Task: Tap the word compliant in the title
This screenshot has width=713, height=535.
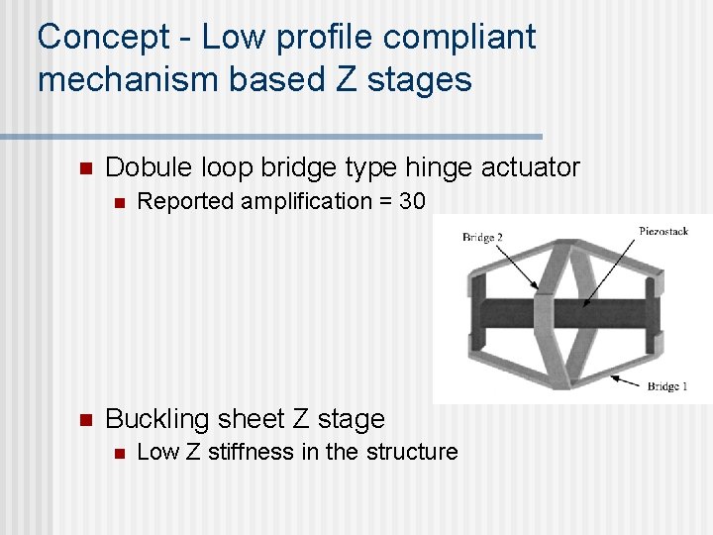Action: coord(458,38)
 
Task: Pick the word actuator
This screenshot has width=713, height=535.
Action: coord(530,167)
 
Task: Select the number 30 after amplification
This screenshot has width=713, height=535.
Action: coord(412,202)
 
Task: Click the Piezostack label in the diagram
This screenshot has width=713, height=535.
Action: coord(662,231)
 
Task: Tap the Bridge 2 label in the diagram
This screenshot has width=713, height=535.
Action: coord(482,238)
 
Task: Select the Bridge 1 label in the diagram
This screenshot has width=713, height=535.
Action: coord(668,385)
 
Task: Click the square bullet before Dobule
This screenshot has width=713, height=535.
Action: coord(84,167)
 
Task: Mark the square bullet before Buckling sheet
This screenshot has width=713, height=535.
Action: coord(84,419)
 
